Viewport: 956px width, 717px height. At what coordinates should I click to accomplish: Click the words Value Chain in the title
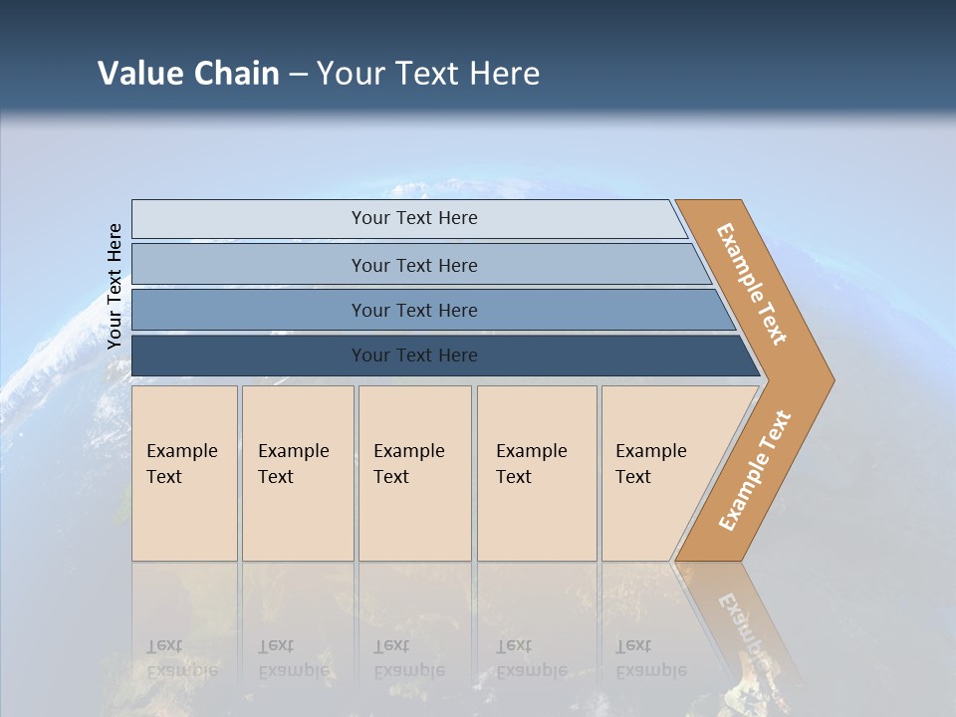point(188,74)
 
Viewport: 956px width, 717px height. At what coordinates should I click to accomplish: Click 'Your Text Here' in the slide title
point(428,74)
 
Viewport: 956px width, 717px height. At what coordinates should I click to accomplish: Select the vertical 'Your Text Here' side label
point(115,286)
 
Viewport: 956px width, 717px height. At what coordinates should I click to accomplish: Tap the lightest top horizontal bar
point(249,219)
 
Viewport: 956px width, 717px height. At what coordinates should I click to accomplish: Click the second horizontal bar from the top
point(249,264)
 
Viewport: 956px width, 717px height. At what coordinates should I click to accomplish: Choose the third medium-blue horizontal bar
point(249,310)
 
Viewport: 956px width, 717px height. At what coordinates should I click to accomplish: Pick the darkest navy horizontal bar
point(249,356)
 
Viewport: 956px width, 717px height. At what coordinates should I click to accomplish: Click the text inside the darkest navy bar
point(414,356)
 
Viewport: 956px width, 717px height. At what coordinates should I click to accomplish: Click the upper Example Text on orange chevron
point(752,284)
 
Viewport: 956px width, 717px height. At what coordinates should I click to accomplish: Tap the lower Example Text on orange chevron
point(754,471)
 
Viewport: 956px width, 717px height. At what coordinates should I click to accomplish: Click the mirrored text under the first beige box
point(182,658)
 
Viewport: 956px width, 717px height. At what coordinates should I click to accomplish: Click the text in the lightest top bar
point(414,218)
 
